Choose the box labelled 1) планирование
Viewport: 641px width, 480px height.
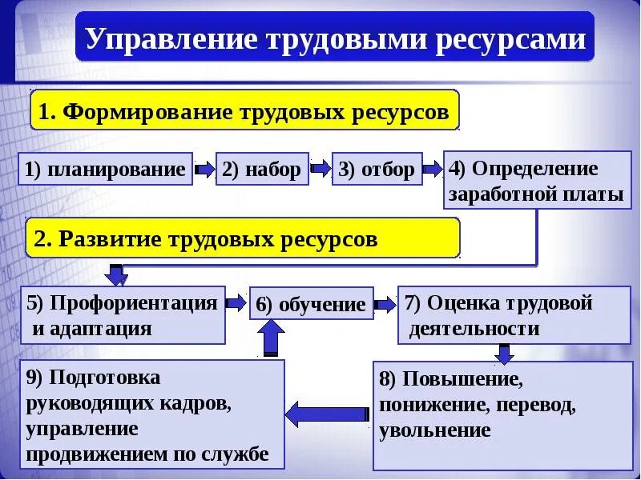pyautogui.click(x=105, y=170)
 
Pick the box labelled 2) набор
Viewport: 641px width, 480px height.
pyautogui.click(x=262, y=170)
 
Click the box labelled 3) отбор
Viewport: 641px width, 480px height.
pyautogui.click(x=377, y=170)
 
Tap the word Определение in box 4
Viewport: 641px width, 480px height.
pyautogui.click(x=535, y=169)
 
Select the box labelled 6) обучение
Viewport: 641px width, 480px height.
pyautogui.click(x=311, y=304)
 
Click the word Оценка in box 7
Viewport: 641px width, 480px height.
pyautogui.click(x=462, y=302)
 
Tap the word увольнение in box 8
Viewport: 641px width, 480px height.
pyautogui.click(x=435, y=430)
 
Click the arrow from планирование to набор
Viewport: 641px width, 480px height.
pyautogui.click(x=204, y=170)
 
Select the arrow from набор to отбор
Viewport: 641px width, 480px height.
pyautogui.click(x=320, y=169)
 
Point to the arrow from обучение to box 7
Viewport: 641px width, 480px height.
pyautogui.click(x=385, y=304)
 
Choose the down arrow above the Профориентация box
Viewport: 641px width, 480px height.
pyautogui.click(x=118, y=274)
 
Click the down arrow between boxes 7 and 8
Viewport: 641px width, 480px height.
pyautogui.click(x=503, y=353)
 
